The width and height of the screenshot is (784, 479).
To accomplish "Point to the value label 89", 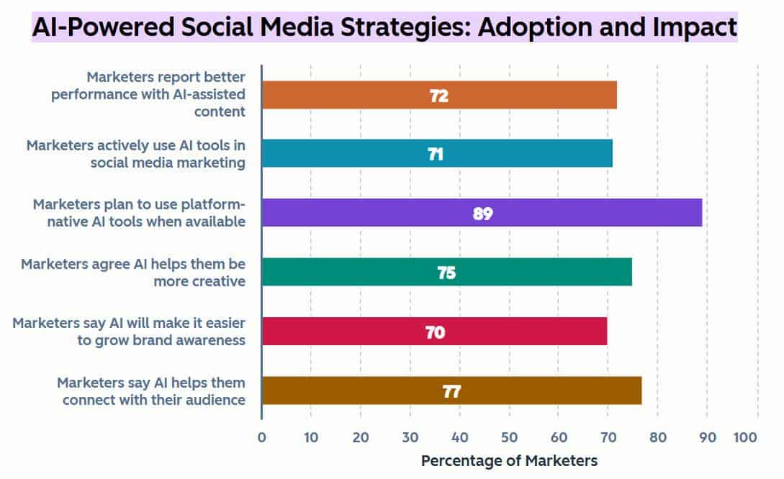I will (x=482, y=214).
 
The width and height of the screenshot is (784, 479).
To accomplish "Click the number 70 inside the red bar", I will (x=435, y=332).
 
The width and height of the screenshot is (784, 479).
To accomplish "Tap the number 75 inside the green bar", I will (x=446, y=273).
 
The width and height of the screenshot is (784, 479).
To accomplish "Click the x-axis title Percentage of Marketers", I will (x=509, y=461).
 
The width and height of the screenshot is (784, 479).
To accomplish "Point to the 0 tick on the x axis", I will (x=261, y=437).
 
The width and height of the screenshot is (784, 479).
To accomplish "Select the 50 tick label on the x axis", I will (x=509, y=437).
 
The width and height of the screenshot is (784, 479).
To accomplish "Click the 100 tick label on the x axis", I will (x=745, y=437).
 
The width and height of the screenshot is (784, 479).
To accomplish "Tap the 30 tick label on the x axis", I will (x=410, y=437).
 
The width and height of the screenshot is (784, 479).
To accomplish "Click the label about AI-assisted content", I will (x=148, y=93).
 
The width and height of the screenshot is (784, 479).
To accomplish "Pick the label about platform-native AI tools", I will (x=139, y=213).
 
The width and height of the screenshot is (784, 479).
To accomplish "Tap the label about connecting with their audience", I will (x=151, y=391).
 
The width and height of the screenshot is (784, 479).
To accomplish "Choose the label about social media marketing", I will (x=135, y=153).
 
